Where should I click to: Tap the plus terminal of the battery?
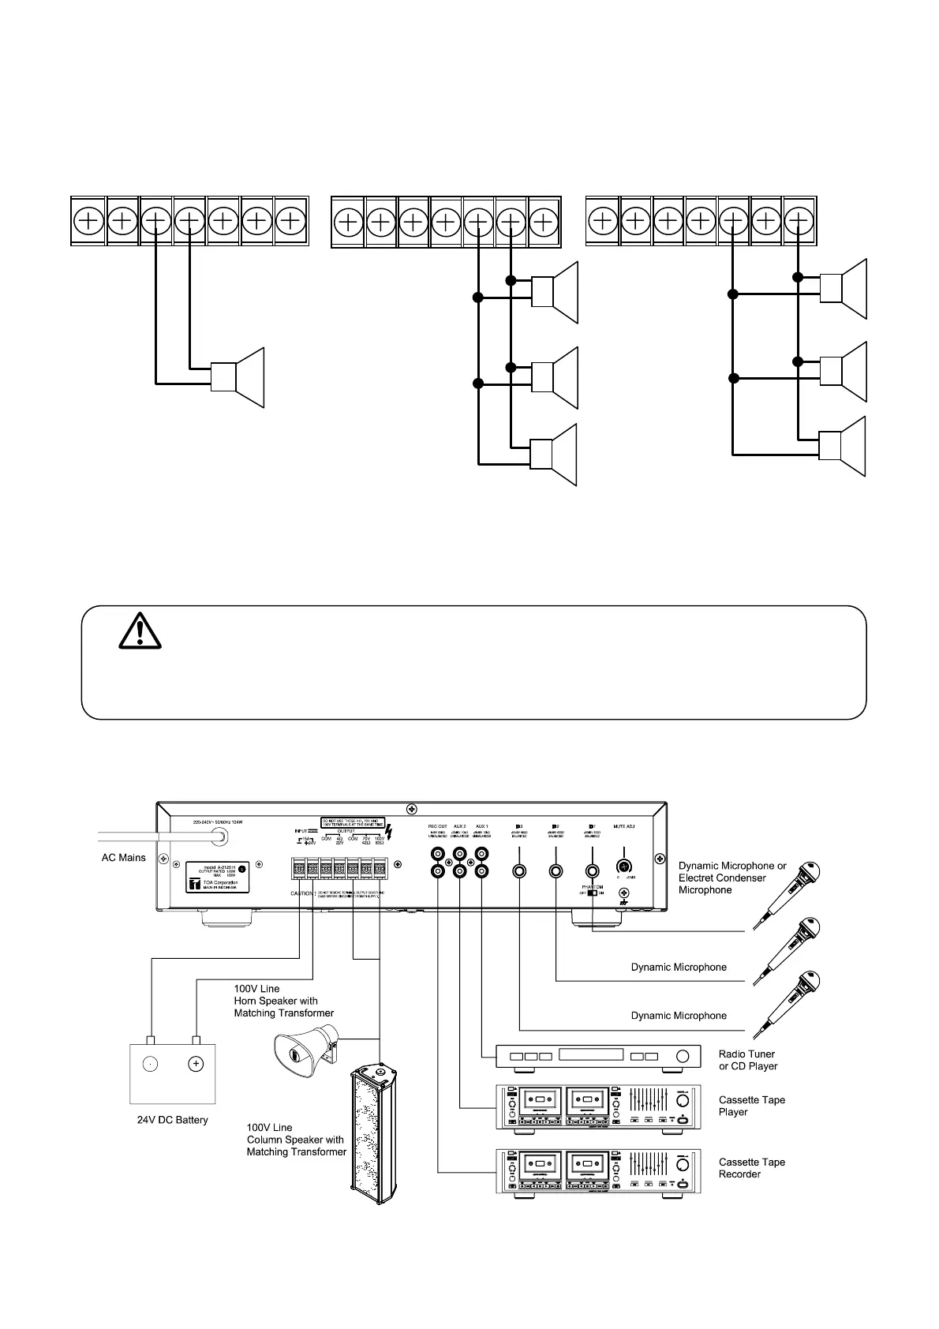196,1064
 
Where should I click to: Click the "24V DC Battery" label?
173,1120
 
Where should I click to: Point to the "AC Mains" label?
124,857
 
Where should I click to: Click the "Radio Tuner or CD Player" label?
747,1060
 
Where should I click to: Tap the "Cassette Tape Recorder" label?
751,1168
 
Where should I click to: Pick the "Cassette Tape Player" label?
751,1106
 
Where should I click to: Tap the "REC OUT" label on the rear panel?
437,826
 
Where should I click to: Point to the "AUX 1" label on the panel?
481,826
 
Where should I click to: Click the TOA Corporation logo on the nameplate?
192,883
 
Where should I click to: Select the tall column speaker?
373,1133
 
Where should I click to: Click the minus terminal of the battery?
149,1064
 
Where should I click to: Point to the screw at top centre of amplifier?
411,810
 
